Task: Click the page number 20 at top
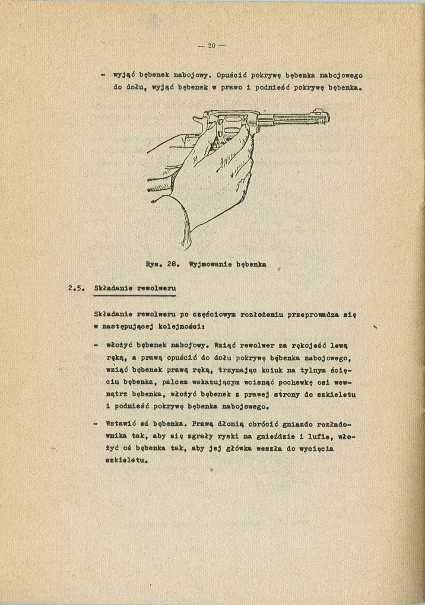pos(211,46)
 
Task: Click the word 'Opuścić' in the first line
pos(232,76)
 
